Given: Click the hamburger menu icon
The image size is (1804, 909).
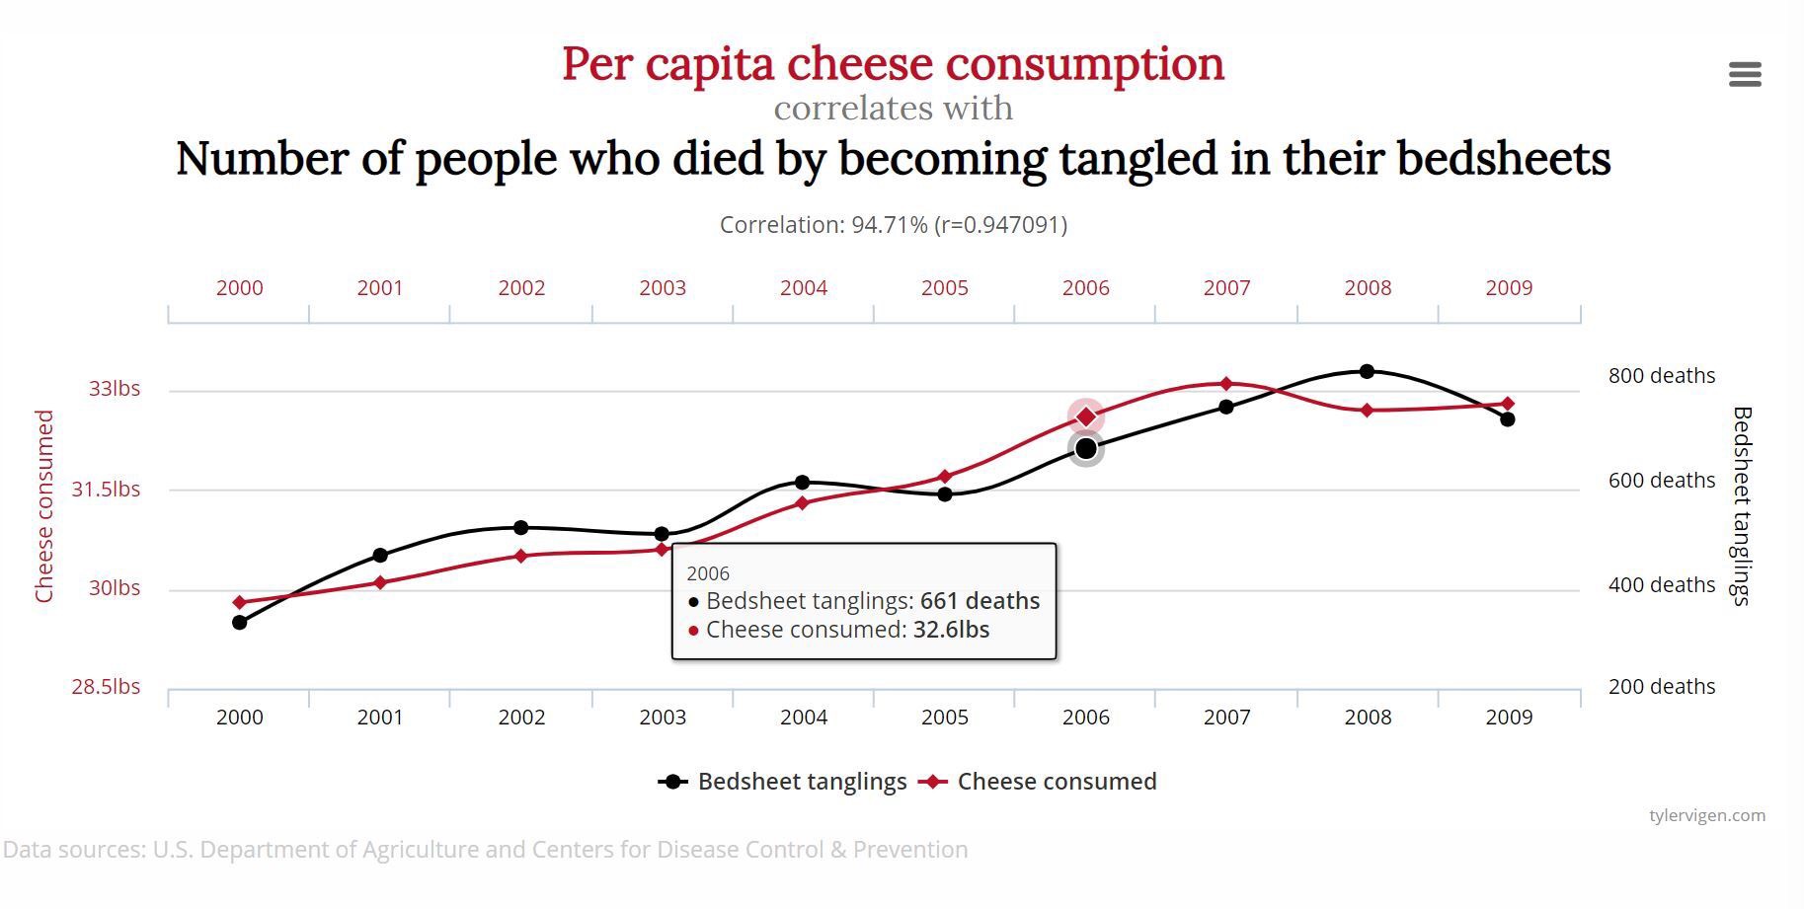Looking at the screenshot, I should (1745, 74).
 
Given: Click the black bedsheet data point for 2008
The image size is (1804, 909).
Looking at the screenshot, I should (1367, 372).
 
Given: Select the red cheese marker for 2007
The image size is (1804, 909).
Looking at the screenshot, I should (1226, 384).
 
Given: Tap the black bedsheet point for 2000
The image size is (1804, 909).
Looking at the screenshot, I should (239, 622).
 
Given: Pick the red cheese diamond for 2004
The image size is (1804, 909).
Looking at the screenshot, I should (803, 503).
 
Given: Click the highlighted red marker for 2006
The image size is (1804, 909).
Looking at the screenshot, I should (1085, 417).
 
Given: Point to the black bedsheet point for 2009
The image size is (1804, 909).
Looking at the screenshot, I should (1508, 419).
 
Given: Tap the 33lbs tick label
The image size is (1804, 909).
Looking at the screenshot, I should (115, 389).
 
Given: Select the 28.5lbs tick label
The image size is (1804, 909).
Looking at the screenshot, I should (106, 687).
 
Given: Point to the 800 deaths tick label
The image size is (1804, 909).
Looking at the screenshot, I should (1662, 376).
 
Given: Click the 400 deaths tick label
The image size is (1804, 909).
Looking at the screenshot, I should (1662, 585).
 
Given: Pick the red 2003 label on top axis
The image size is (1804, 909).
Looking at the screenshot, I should (663, 288).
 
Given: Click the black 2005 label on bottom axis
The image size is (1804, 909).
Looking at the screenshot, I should (945, 718).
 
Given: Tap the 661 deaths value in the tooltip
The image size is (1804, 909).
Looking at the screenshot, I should (980, 601).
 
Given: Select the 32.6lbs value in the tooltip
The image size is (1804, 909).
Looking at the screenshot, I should (951, 630).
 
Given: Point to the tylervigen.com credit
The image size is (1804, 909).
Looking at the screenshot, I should (1706, 815).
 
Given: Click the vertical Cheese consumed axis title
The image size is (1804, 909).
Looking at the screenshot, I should (44, 506).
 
